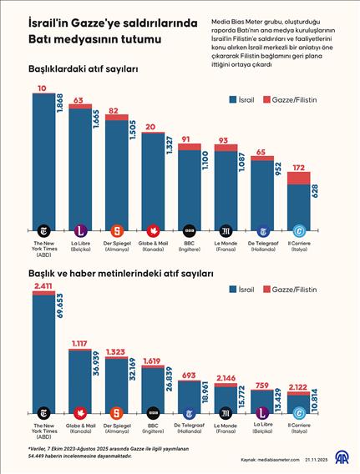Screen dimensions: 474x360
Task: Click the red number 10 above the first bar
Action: [x=42, y=88]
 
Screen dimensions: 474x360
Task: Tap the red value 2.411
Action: [x=43, y=286]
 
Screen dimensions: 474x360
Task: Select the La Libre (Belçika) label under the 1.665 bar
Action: [x=80, y=246]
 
